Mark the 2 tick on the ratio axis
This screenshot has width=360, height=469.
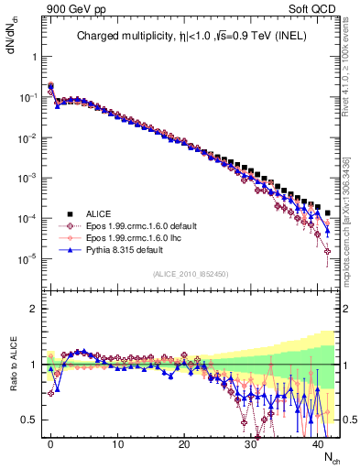(34, 309)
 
